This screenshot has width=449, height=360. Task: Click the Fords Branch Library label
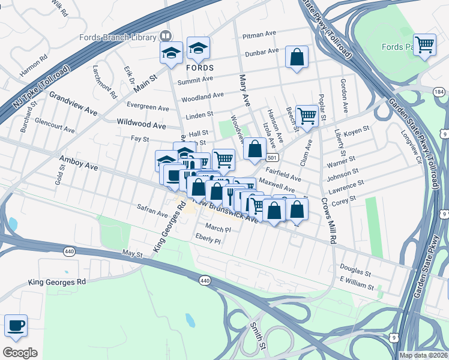pyautogui.click(x=118, y=37)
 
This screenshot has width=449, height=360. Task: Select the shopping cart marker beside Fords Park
pyautogui.click(x=424, y=44)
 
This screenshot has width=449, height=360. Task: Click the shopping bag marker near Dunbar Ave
pyautogui.click(x=297, y=58)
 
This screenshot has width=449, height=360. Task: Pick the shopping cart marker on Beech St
pyautogui.click(x=306, y=116)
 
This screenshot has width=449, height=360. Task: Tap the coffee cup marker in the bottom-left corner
pyautogui.click(x=16, y=326)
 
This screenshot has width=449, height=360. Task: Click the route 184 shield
pyautogui.click(x=439, y=91)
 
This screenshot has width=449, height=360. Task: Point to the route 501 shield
pyautogui.click(x=273, y=158)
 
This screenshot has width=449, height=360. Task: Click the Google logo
pyautogui.click(x=19, y=353)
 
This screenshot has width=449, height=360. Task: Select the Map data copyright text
pyautogui.click(x=423, y=355)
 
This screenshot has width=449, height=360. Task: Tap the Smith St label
pyautogui.click(x=258, y=335)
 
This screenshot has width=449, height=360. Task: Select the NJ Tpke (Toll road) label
pyautogui.click(x=41, y=88)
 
